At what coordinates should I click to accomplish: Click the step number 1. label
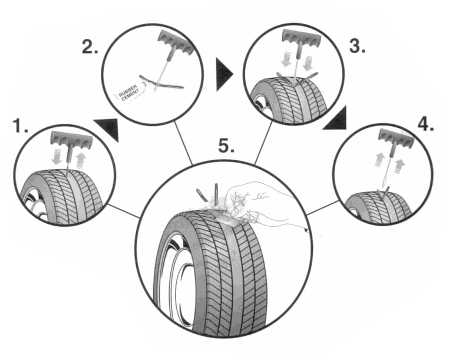[x=21, y=125]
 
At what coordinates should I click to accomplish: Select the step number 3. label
[x=357, y=46]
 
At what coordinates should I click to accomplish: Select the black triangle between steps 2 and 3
[x=223, y=75]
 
